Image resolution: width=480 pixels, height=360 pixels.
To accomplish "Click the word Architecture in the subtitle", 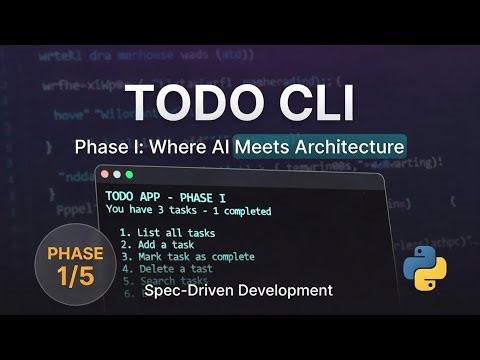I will coord(349,146).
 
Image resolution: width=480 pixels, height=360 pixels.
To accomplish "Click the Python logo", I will coord(421,263).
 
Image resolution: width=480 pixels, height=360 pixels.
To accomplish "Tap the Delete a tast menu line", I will coord(164,269).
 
